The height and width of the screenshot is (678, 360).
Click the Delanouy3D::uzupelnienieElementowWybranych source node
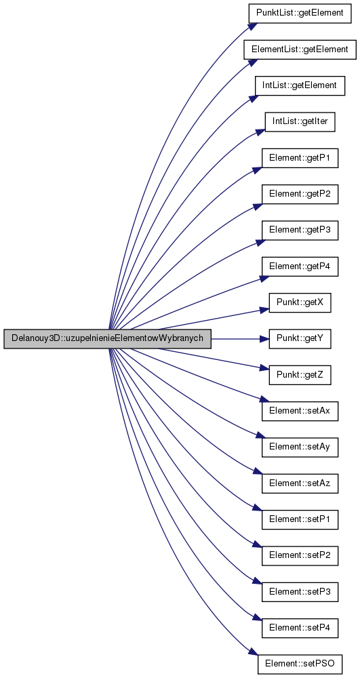click(x=107, y=338)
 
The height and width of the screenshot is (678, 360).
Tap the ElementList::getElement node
click(x=300, y=49)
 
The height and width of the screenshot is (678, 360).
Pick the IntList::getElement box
click(x=300, y=85)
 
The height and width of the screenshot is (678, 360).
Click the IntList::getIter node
click(x=300, y=122)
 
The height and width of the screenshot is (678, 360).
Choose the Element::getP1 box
click(x=300, y=158)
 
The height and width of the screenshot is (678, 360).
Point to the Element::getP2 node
click(x=300, y=195)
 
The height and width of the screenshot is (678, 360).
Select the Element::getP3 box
click(x=300, y=231)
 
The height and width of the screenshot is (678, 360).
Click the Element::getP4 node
click(x=300, y=267)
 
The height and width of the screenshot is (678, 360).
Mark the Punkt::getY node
click(x=300, y=340)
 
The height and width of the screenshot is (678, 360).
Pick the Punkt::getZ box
click(x=300, y=376)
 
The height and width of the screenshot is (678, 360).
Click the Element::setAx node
click(x=300, y=412)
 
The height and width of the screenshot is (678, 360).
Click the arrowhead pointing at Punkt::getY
click(x=264, y=339)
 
